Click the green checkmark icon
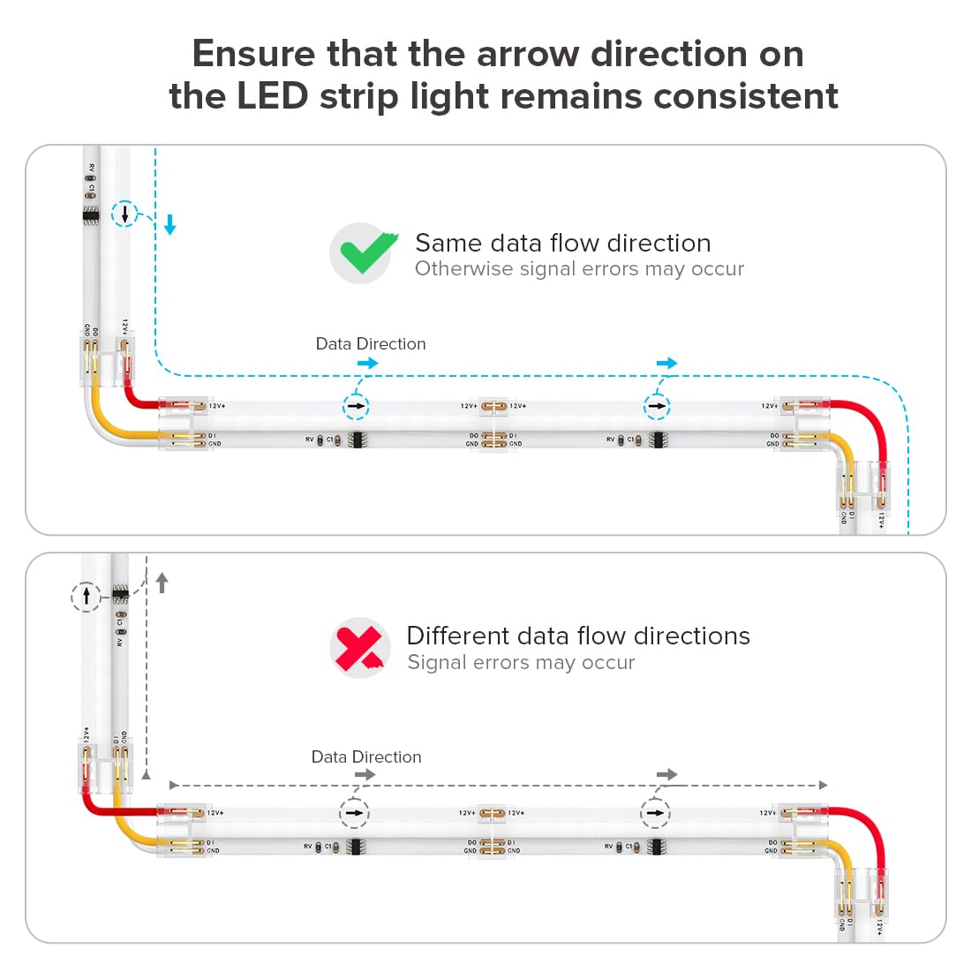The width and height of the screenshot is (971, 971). tap(363, 252)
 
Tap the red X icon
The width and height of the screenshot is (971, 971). tap(359, 647)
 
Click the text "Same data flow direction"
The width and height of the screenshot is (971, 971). tap(562, 243)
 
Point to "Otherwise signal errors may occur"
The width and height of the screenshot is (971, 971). tap(579, 268)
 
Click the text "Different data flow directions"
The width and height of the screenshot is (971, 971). tap(577, 636)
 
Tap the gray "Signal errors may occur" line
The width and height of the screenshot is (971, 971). tap(521, 662)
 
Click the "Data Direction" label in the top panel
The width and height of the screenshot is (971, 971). tap(371, 343)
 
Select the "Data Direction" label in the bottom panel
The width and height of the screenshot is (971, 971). tap(366, 756)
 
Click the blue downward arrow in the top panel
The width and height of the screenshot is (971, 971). tap(170, 226)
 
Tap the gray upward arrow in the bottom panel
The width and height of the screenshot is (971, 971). tap(162, 583)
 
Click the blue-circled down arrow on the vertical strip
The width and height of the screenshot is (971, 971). tap(125, 214)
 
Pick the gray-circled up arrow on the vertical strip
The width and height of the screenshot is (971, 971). tap(87, 597)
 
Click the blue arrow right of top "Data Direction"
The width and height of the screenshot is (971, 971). tap(367, 363)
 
